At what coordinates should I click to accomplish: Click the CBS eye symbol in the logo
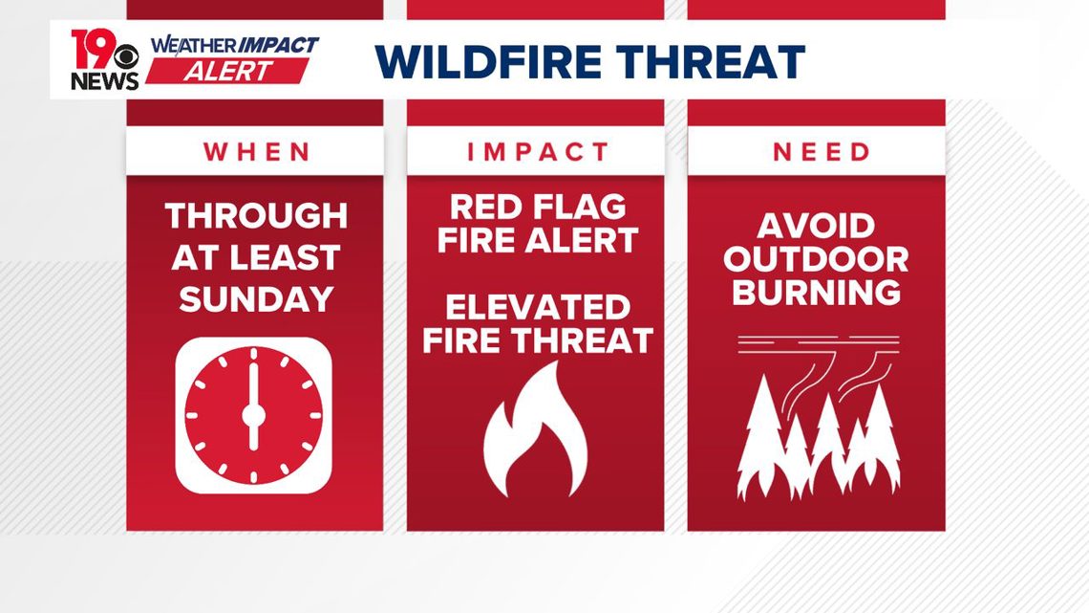pos(128,51)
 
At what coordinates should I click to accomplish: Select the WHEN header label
pos(255,152)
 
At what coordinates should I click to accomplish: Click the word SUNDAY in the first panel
pos(255,298)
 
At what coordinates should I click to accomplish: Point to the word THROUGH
pos(255,216)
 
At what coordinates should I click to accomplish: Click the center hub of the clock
pos(253,415)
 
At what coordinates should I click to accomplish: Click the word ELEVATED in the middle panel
pos(538,307)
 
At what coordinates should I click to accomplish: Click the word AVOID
pos(817,227)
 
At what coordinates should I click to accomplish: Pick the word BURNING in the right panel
pos(817,292)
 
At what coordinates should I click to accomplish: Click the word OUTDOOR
pos(817,259)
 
